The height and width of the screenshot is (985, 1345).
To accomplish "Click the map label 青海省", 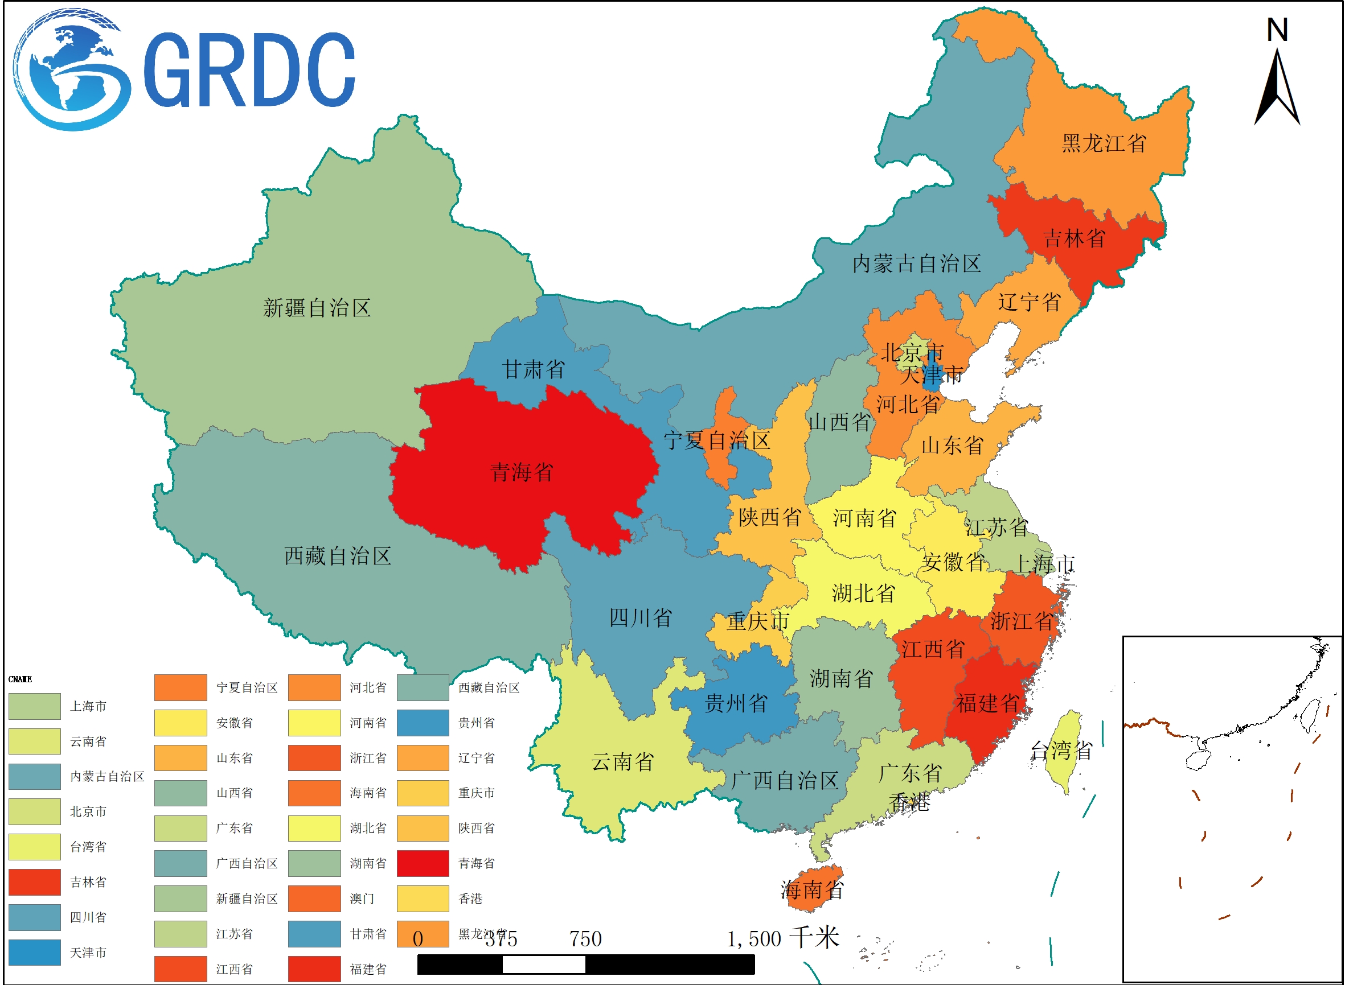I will point(521,472).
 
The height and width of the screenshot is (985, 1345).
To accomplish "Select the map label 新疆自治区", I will point(317,308).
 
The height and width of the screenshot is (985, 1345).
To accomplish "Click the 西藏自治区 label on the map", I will point(338,557).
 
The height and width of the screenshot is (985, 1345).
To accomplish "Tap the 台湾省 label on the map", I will point(1061,751).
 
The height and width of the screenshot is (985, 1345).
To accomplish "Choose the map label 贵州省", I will point(736,703).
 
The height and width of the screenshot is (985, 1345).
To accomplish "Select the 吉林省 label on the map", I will point(1074,238).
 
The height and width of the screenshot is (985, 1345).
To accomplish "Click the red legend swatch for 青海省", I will point(423,863).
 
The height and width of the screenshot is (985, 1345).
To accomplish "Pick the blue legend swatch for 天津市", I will point(35,952).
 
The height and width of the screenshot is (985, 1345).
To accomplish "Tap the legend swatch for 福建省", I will point(314,969).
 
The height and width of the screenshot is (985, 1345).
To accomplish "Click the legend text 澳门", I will point(362,899).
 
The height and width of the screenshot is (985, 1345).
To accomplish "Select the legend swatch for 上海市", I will point(35,706).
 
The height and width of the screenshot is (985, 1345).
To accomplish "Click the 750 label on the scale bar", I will point(585,939).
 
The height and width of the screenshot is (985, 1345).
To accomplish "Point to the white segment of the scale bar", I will point(544,964).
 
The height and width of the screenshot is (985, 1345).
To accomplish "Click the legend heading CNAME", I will point(20,679).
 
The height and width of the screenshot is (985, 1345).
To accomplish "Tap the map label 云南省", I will point(622,762).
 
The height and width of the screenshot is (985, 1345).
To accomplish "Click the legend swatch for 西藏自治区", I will point(423,687).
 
